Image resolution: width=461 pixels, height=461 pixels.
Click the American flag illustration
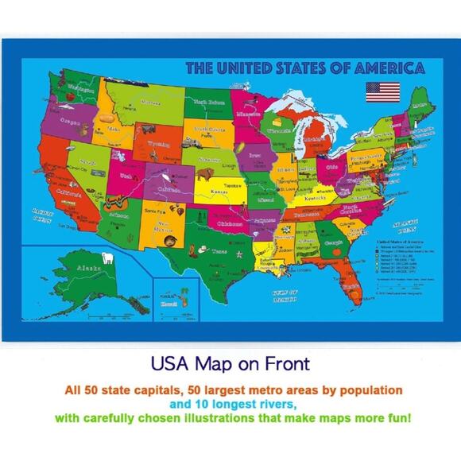pyautogui.click(x=382, y=91)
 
